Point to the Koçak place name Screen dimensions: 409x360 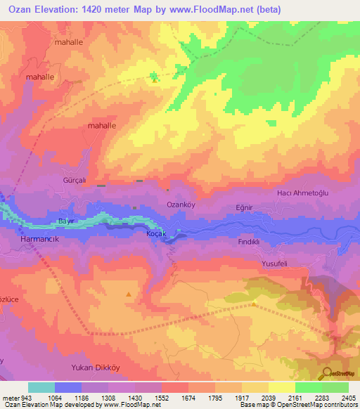155,233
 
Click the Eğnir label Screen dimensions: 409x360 244,208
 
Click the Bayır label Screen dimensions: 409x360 66,221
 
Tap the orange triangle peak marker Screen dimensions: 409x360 128,294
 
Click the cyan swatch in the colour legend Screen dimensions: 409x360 41,387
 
